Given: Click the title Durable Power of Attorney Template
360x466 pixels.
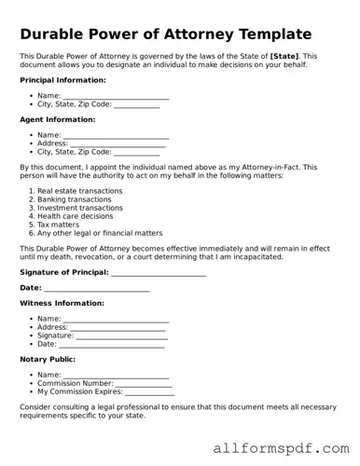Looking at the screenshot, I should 165,34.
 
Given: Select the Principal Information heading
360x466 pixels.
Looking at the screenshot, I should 62,80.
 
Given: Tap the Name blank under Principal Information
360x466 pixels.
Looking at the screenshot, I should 116,96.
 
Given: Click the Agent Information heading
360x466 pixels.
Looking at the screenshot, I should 57,119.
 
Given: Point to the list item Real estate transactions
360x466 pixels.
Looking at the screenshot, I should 80,191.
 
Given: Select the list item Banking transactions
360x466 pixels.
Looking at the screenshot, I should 77,199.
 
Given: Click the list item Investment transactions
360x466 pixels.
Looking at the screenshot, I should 82,208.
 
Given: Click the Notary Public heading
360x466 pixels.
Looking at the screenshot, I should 48,359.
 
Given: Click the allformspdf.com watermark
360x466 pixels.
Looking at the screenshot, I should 278,448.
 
